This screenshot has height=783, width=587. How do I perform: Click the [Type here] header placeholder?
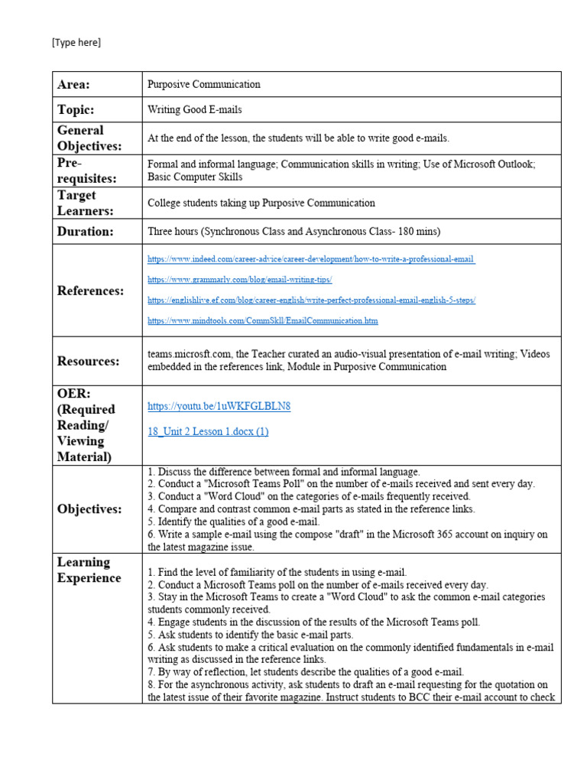point(76,43)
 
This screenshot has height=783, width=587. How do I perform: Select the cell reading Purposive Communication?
point(204,85)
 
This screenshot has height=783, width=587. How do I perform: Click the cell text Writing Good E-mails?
point(195,109)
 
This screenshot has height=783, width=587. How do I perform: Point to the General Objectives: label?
point(89,138)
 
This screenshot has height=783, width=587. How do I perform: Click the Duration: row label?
point(85,230)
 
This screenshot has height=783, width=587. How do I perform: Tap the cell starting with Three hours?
point(293,231)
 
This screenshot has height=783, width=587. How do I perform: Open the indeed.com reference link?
point(311,259)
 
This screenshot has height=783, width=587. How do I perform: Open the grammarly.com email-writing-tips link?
point(240,280)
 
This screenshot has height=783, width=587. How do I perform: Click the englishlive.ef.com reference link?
point(311,301)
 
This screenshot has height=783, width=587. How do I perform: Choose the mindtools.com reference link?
point(263,320)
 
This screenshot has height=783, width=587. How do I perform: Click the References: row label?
point(90,291)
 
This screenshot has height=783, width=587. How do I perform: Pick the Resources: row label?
point(88,361)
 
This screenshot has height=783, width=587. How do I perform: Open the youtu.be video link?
point(219,406)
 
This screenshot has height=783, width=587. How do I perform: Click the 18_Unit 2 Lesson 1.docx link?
point(208,431)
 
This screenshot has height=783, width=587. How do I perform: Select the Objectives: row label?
point(89,509)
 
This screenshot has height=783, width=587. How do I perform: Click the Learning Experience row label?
point(89,570)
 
